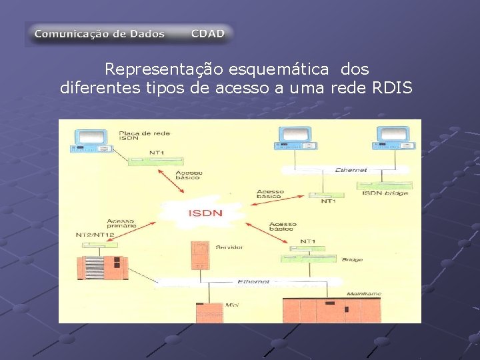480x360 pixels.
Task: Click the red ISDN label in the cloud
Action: [x=206, y=213]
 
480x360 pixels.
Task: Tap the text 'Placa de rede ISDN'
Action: [x=138, y=136]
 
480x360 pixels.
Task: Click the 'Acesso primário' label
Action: [x=120, y=224]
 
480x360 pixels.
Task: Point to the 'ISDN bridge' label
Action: [x=385, y=193]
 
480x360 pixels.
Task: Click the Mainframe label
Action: [x=363, y=294]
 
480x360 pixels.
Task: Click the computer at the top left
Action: [x=91, y=139]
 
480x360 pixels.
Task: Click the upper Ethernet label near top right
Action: [x=351, y=170]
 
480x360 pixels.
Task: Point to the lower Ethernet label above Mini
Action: [x=253, y=282]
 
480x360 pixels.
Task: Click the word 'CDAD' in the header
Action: [x=207, y=33]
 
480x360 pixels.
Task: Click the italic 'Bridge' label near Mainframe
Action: [x=351, y=259]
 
